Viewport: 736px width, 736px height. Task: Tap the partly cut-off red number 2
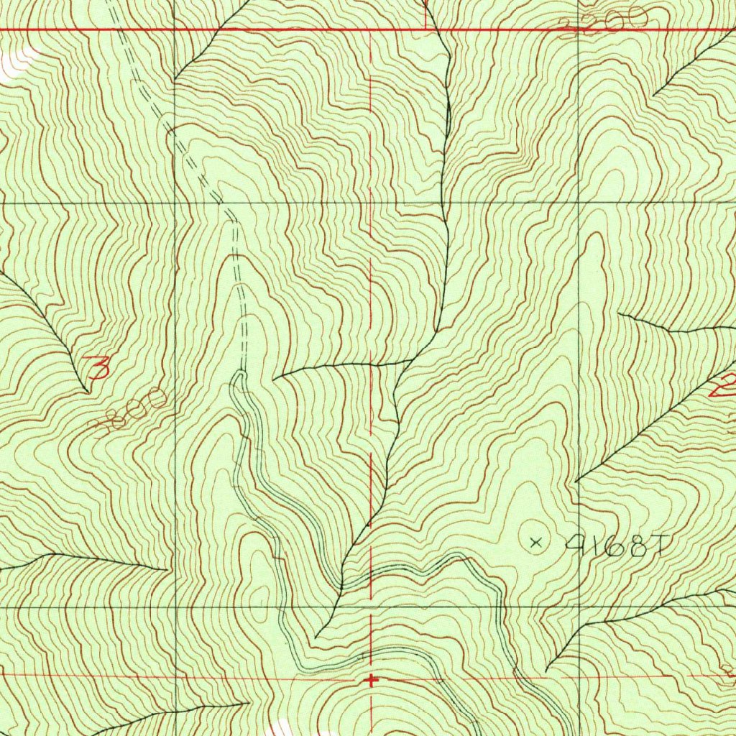(x=724, y=386)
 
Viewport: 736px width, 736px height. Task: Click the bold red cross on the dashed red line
(x=371, y=679)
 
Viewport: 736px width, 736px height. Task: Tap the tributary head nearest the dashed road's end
(x=275, y=377)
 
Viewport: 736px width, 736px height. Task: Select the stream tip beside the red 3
(x=87, y=392)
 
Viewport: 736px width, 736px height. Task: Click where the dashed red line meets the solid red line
(x=371, y=30)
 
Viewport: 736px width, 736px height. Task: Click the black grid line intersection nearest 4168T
(x=579, y=606)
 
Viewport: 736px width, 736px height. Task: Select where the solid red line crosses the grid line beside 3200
(x=579, y=30)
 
